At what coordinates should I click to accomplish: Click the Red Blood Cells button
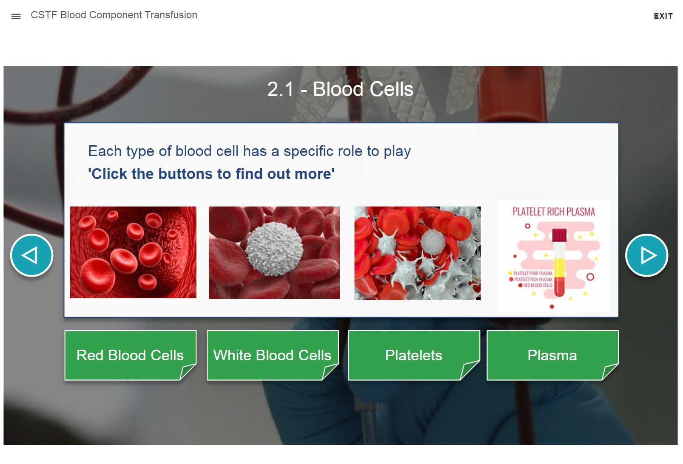[130, 355]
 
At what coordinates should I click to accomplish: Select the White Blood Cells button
[273, 355]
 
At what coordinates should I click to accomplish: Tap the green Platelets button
[414, 355]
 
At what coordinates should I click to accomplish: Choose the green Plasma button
[552, 355]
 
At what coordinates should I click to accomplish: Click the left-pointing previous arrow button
[32, 255]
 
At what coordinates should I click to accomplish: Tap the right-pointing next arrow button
[647, 255]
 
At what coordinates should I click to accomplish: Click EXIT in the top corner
[663, 16]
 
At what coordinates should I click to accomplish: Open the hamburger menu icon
[16, 17]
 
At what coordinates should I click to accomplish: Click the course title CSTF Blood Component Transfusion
[114, 15]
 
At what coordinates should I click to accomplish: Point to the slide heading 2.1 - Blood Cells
[340, 89]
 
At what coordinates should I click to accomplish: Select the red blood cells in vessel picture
[133, 252]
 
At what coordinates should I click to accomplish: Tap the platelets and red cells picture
[418, 253]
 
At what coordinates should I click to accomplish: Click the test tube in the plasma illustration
[560, 262]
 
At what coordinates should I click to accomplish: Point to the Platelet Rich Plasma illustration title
[554, 212]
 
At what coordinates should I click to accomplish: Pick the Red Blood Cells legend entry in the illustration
[535, 285]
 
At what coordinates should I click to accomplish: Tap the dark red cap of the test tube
[560, 235]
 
